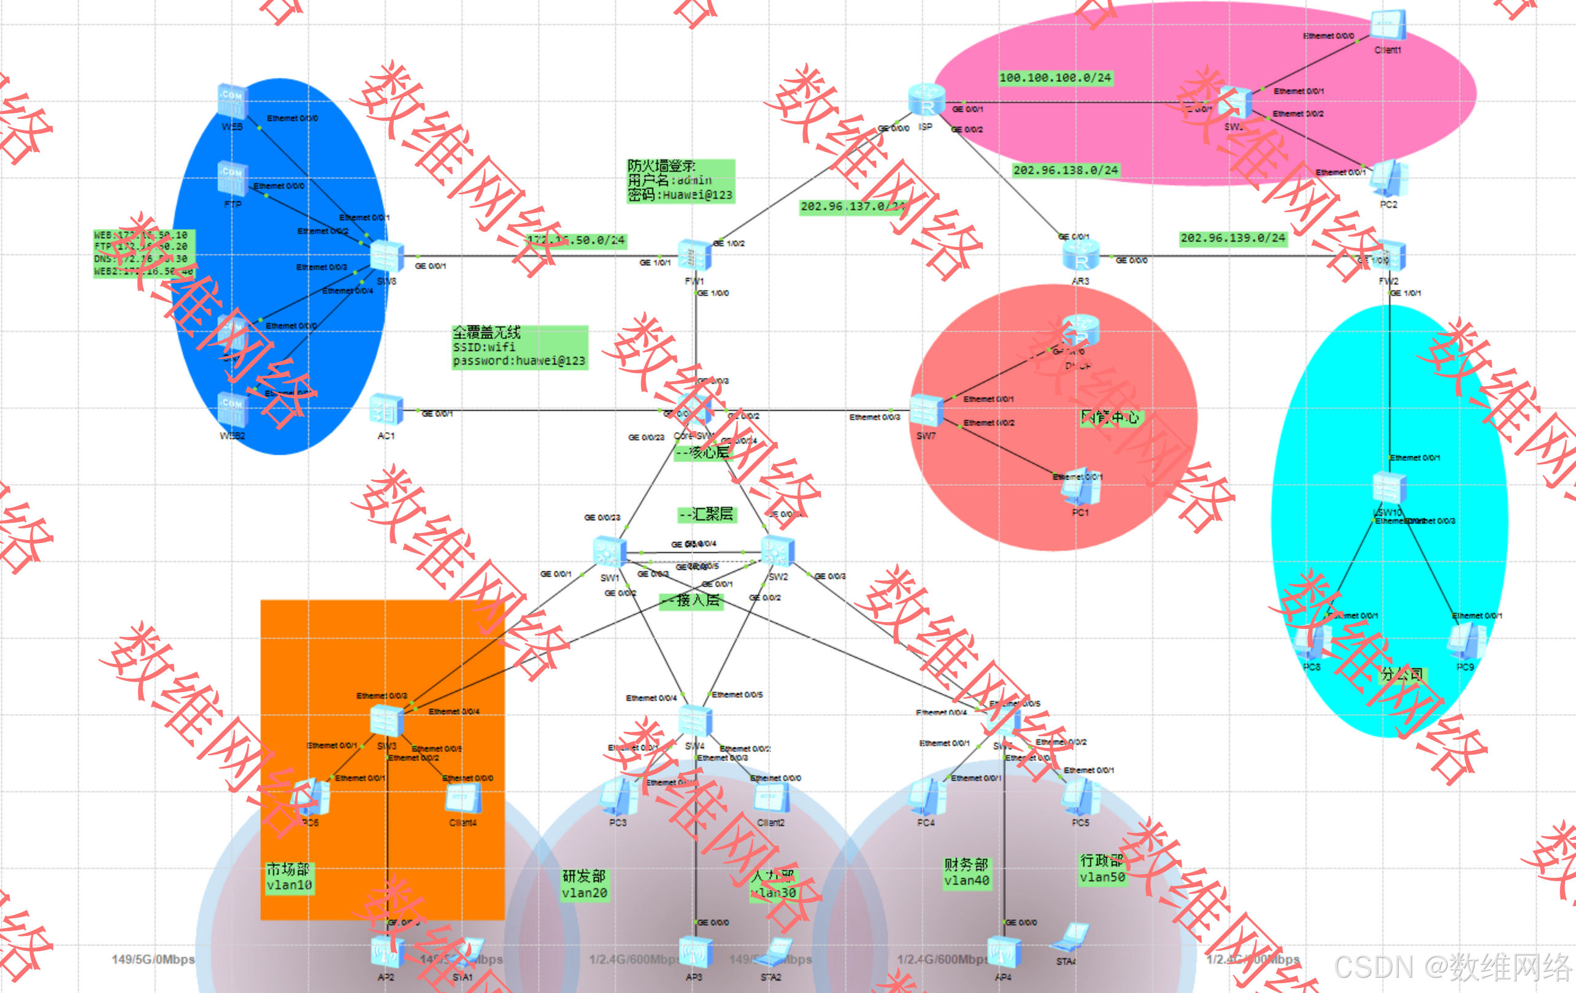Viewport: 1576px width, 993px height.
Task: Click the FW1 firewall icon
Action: [694, 256]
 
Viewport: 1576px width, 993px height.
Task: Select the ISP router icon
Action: [926, 101]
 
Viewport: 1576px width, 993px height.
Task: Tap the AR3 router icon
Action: [1080, 256]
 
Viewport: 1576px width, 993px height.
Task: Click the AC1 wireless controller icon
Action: [386, 410]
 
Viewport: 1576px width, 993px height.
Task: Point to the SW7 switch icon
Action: [926, 411]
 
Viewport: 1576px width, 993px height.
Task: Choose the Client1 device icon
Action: [1388, 26]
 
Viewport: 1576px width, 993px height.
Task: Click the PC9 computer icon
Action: [1466, 641]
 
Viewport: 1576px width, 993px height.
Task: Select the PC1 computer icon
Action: [1080, 487]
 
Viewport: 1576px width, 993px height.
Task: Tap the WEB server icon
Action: [233, 101]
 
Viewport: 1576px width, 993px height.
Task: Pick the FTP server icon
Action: [233, 178]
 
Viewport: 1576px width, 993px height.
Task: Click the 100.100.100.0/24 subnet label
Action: [1055, 78]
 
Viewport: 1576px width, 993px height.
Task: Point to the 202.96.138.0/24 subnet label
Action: [1066, 170]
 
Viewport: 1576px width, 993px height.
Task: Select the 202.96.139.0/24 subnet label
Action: [1233, 238]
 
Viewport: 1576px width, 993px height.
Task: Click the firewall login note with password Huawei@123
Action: [681, 181]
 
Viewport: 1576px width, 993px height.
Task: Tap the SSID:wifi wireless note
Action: [519, 348]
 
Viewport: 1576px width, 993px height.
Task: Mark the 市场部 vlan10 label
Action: [288, 877]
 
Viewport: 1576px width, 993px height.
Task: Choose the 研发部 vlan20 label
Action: [585, 885]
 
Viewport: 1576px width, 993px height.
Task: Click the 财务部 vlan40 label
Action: [967, 873]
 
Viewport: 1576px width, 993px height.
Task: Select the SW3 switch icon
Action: [386, 721]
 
